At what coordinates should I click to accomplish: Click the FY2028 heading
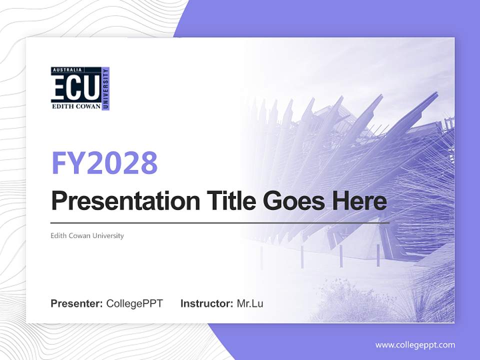click(104, 162)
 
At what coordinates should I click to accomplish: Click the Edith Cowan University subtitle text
click(87, 235)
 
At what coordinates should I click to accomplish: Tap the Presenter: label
click(76, 303)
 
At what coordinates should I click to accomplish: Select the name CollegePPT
click(134, 303)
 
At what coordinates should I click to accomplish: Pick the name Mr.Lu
click(250, 303)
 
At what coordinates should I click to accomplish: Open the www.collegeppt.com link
click(415, 344)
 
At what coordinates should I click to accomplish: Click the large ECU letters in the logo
click(75, 89)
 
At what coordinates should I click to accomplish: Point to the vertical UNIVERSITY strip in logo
click(105, 88)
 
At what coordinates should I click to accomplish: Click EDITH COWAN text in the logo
click(75, 106)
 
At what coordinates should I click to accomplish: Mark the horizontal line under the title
click(220, 222)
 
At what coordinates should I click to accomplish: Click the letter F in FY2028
click(59, 162)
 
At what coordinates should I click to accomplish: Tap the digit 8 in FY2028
click(148, 162)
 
